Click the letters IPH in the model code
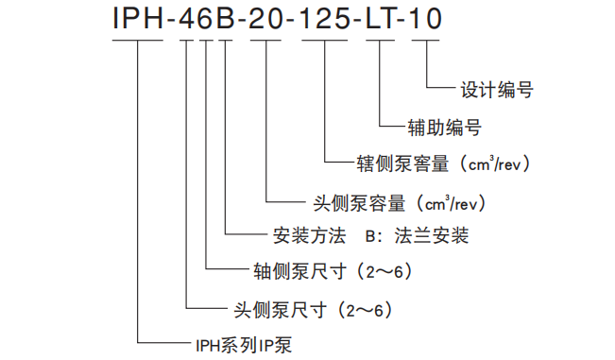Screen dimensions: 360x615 click(140, 20)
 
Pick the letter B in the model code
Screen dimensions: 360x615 click(227, 20)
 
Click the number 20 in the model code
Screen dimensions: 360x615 click(266, 20)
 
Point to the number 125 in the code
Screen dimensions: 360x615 click(325, 20)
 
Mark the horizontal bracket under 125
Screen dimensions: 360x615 click(325, 44)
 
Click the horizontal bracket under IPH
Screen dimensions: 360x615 click(140, 44)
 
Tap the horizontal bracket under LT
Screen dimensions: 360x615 click(382, 44)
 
